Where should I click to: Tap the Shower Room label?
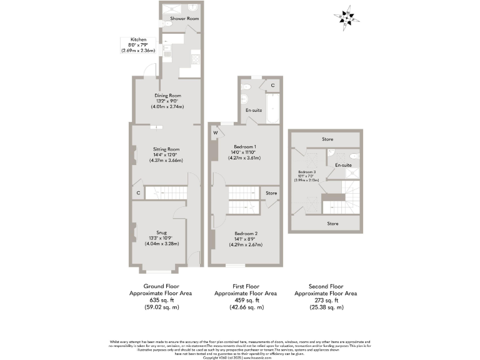coord(184,19)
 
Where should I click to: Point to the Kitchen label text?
coord(138,39)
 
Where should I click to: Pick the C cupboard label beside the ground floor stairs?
coord(137,193)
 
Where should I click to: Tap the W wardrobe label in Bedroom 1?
coord(215,132)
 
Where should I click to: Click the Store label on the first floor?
coord(271,193)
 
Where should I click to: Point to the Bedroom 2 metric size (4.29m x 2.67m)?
coord(246,244)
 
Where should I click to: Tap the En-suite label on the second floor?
coord(343,165)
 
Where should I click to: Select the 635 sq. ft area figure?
coord(160,300)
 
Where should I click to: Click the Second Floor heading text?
coord(325,286)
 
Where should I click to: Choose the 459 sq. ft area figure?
coord(246,300)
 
